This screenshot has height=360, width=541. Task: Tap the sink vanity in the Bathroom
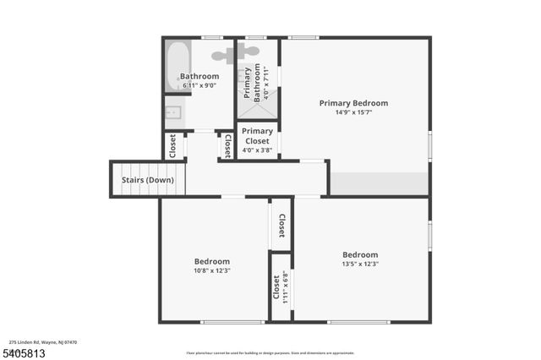click(x=174, y=112)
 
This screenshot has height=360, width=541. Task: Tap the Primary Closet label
click(x=257, y=136)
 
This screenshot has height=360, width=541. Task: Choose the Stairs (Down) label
click(x=148, y=180)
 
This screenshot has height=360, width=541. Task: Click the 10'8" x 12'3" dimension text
click(x=212, y=270)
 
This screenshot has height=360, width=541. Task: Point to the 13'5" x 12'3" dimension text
click(x=360, y=264)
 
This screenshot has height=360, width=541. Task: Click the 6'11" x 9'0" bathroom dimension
click(x=200, y=85)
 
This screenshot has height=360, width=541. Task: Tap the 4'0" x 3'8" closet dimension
click(x=257, y=150)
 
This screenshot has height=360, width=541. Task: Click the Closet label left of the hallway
click(x=172, y=146)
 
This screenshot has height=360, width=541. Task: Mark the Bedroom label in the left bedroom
click(x=212, y=261)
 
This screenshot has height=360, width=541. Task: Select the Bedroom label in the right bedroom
click(x=360, y=254)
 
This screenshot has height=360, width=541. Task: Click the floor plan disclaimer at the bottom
click(x=270, y=352)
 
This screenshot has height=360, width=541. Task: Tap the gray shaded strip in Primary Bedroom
click(x=379, y=183)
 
